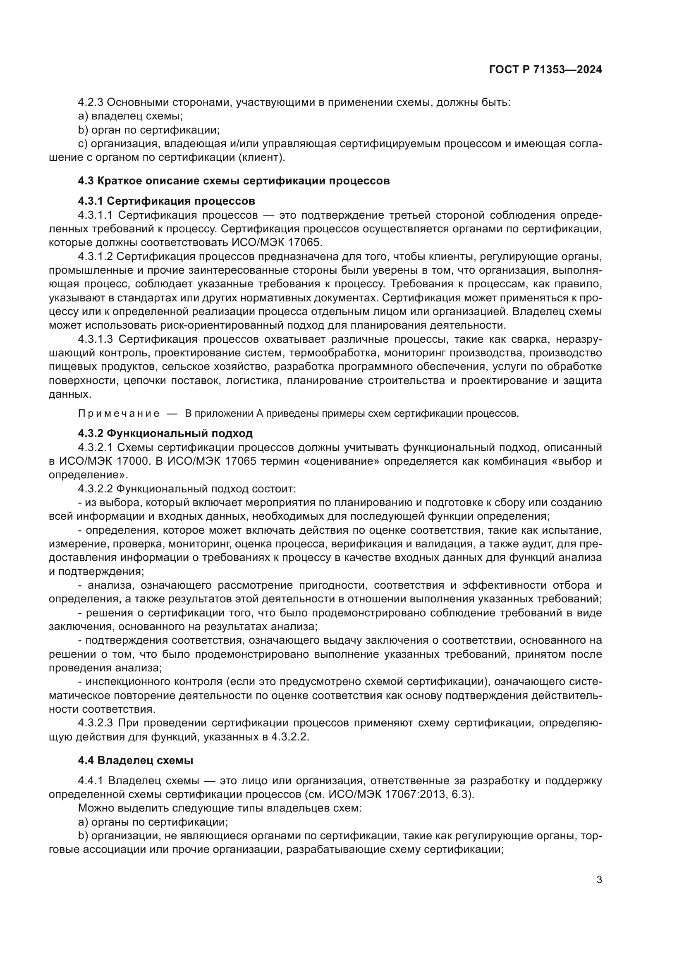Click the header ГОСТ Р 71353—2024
coord(545,70)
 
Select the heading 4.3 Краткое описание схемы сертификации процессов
coord(234,181)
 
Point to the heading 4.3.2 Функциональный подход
coord(165,433)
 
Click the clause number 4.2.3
coord(91,103)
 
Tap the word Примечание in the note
coord(118,413)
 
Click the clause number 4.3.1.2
coord(95,256)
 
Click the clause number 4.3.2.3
coord(95,723)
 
